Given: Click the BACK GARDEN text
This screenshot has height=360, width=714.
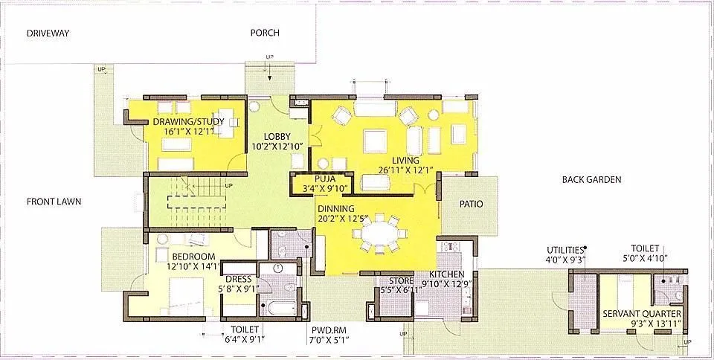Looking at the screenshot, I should pyautogui.click(x=591, y=180).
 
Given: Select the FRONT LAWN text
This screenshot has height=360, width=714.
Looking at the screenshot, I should pyautogui.click(x=54, y=202).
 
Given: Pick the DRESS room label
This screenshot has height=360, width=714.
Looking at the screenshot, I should pyautogui.click(x=237, y=279).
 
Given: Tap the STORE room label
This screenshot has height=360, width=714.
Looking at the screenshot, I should pyautogui.click(x=402, y=280).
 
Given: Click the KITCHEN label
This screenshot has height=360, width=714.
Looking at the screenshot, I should pyautogui.click(x=446, y=274).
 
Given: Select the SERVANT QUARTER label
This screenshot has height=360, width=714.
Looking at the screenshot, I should pyautogui.click(x=641, y=313).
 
